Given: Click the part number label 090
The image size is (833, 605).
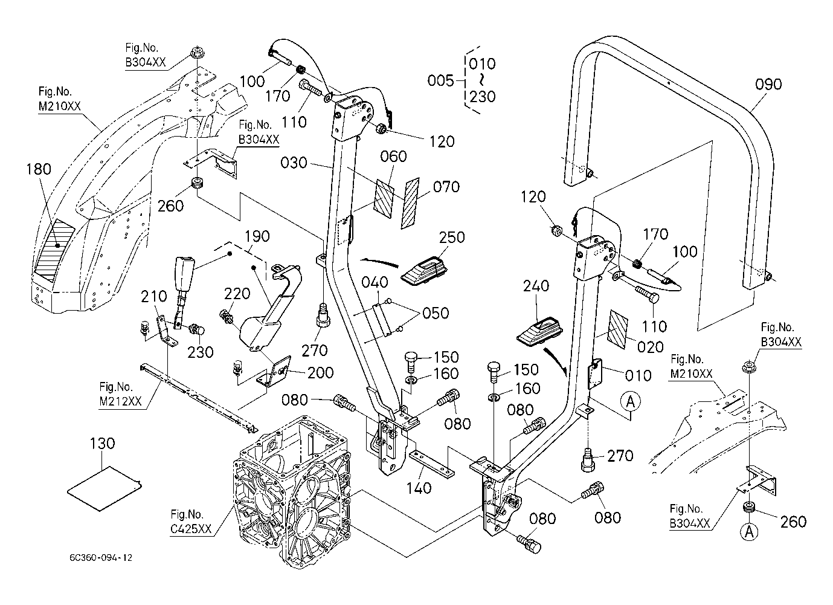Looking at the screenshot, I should click(x=768, y=84).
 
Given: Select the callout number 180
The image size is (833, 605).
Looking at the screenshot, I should click(x=39, y=169).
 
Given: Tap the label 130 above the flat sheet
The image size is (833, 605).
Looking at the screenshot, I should click(x=102, y=444).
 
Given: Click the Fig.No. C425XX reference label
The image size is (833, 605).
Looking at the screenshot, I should click(x=191, y=522).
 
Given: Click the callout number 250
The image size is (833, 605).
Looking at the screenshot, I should click(x=452, y=237).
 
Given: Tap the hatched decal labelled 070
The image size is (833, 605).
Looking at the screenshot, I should click(x=411, y=204).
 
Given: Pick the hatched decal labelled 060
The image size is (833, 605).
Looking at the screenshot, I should click(x=385, y=198).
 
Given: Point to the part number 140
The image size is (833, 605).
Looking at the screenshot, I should click(x=420, y=487).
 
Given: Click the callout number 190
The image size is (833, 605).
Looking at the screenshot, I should click(x=257, y=236).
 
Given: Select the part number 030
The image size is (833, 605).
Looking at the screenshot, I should click(x=294, y=163).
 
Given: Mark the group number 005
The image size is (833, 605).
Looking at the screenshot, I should click(x=440, y=80).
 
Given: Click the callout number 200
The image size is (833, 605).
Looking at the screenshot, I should click(x=320, y=374).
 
